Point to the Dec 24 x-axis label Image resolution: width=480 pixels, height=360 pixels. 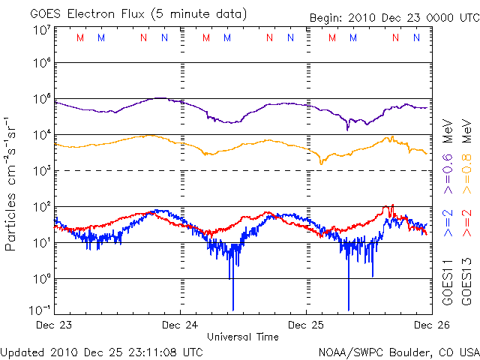[x=179, y=325]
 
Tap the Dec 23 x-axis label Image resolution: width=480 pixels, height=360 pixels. [x=53, y=325]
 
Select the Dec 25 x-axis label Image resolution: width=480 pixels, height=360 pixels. [x=306, y=325]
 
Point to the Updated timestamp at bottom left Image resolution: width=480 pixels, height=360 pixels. [x=102, y=351]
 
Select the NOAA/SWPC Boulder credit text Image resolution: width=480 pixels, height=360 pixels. [x=397, y=351]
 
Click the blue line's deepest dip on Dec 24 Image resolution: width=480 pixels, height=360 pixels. [x=232, y=307]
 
